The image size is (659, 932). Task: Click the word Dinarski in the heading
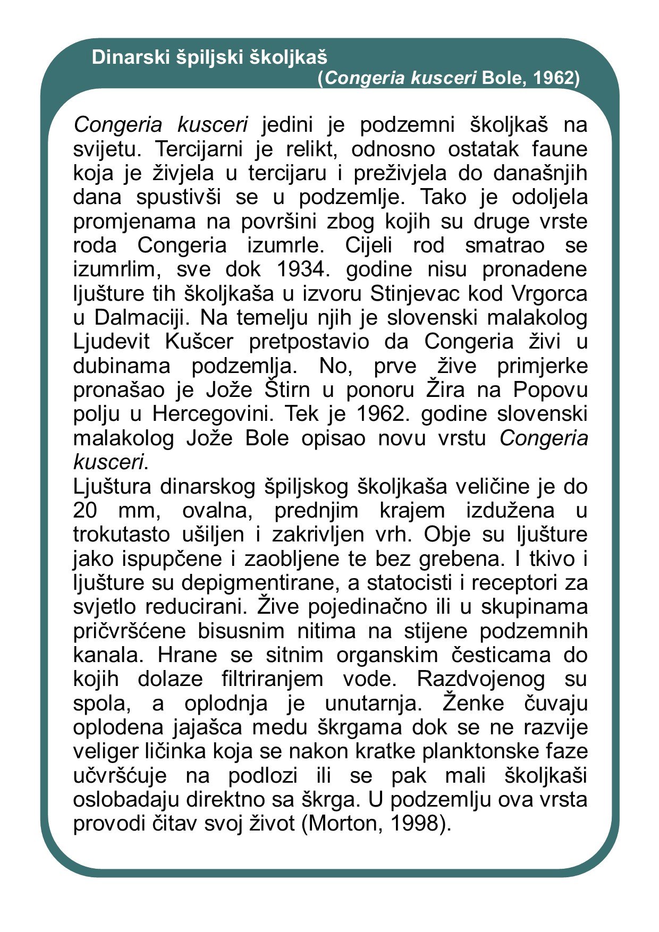coord(130,57)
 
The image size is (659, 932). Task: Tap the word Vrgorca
coord(552,293)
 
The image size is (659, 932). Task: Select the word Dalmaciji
coord(139,318)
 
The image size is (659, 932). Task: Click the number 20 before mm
coord(85,511)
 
